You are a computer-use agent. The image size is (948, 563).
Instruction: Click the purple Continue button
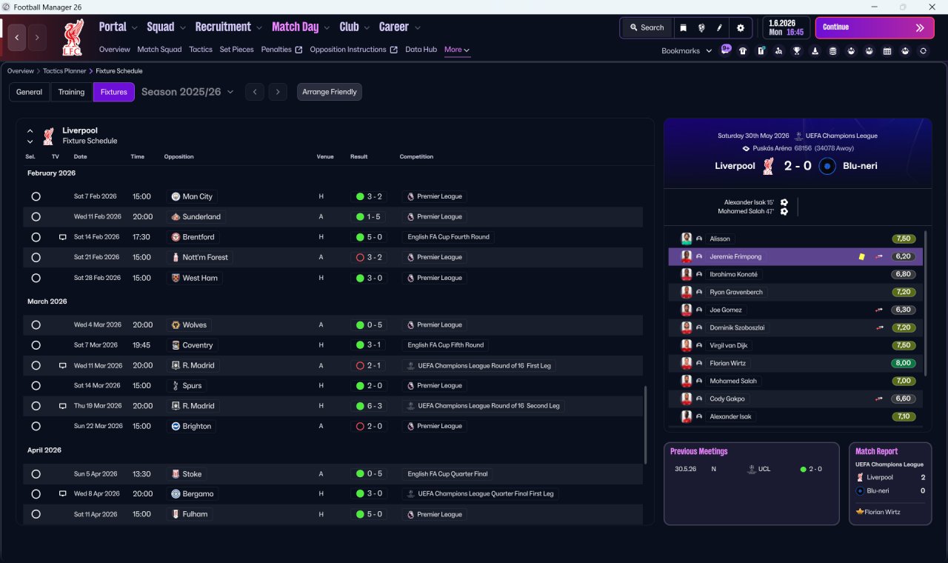tap(875, 27)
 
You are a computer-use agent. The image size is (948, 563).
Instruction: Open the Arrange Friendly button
tap(330, 92)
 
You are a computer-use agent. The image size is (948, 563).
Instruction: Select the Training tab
tap(71, 92)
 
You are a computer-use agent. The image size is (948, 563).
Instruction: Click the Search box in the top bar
tap(647, 27)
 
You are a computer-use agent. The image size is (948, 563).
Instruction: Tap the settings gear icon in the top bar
tap(740, 28)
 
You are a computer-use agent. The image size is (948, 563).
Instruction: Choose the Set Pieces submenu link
tap(236, 50)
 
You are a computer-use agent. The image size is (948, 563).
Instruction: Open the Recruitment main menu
tap(223, 27)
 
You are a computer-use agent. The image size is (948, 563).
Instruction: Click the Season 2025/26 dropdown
tap(187, 92)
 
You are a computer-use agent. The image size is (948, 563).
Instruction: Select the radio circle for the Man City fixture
tap(36, 196)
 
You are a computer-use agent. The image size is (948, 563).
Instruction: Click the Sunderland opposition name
tap(201, 217)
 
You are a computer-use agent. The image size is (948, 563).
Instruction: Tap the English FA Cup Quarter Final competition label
tap(447, 473)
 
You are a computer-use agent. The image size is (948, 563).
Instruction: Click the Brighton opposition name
tap(197, 426)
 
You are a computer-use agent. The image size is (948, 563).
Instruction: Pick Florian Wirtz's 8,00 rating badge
tap(903, 363)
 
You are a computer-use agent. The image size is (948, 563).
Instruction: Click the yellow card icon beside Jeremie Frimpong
tap(861, 256)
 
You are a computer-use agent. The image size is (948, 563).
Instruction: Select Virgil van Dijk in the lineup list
tap(728, 345)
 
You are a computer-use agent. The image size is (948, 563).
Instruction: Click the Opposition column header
tap(178, 156)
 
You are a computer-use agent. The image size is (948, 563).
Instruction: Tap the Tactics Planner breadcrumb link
tap(64, 71)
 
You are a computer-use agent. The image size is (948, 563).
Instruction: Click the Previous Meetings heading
tap(698, 451)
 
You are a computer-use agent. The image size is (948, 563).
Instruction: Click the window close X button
tap(932, 7)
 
